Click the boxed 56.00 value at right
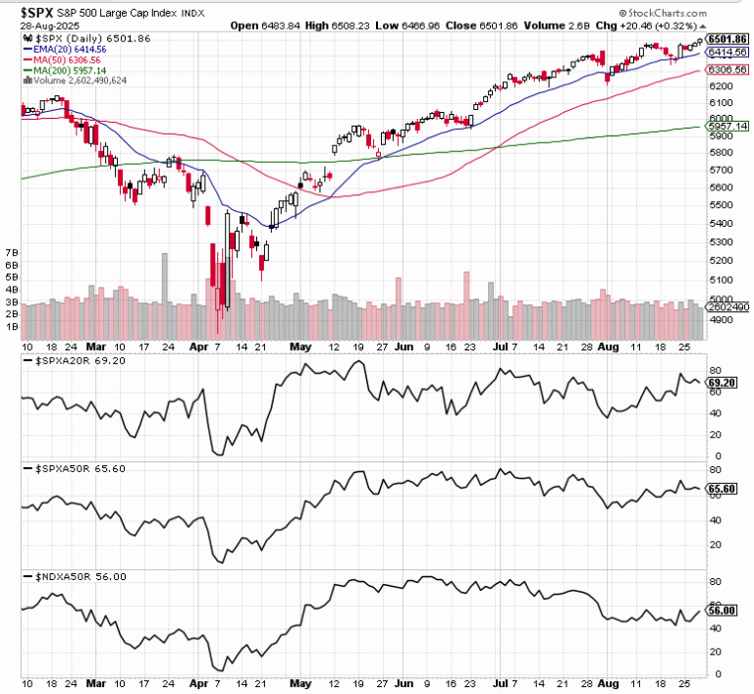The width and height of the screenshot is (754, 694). [x=721, y=612]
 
